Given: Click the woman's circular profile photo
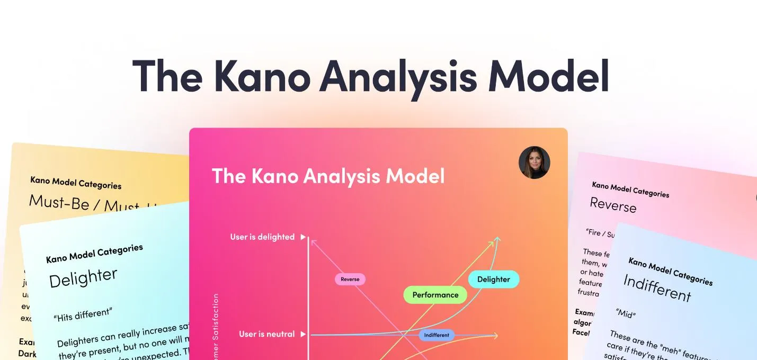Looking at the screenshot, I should coord(534,163).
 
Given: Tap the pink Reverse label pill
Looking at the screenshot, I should coord(350,279).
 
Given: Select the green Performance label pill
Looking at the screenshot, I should coord(435,295).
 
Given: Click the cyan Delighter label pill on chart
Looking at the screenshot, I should coord(493,279).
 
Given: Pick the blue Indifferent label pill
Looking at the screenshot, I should coord(437,335).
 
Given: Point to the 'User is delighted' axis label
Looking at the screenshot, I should coord(262,237).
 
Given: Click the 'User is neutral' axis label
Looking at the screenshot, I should coord(266,334).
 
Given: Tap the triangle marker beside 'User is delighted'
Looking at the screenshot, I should coord(303,237).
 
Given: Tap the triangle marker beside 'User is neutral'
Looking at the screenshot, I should coord(303,334).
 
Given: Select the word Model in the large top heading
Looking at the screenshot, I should coord(548,77).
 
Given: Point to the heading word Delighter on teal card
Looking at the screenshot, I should coord(83,277).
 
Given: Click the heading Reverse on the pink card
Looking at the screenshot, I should coord(613,204).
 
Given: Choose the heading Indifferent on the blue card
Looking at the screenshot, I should coord(657,287).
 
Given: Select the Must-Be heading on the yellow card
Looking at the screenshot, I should coord(59,202).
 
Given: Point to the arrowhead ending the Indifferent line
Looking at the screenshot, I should coord(495,335).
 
